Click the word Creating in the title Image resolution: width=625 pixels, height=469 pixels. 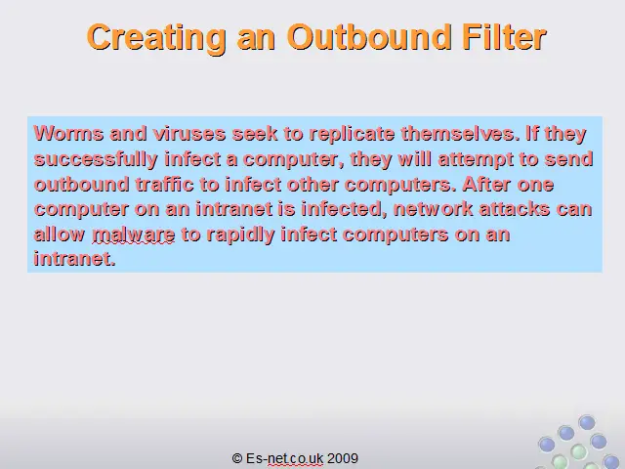tap(156, 38)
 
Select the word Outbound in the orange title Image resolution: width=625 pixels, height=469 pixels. tap(369, 37)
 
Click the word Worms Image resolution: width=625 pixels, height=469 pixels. tap(68, 133)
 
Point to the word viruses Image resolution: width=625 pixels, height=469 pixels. tap(189, 133)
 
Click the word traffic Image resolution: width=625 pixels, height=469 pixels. tap(164, 185)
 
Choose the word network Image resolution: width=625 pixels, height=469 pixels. tap(434, 209)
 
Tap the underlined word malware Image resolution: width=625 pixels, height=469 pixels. tap(134, 234)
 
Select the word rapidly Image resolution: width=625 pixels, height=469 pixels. tap(241, 235)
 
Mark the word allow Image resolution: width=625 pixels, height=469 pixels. tap(60, 234)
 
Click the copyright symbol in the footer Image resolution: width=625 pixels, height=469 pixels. tap(237, 458)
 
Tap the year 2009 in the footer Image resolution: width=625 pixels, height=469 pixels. tap(343, 458)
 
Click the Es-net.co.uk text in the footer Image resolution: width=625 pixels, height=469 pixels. tap(284, 458)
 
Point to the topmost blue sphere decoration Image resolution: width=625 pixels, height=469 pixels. tap(587, 422)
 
